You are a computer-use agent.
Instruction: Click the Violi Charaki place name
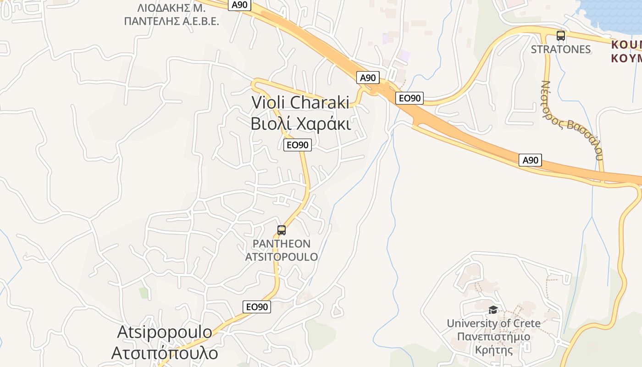tap(300, 102)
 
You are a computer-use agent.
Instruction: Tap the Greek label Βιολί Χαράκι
tap(300, 124)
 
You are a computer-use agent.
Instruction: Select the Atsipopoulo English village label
tap(165, 332)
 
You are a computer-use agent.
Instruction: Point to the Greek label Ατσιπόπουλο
tap(165, 353)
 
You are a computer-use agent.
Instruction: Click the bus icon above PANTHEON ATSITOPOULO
tap(282, 230)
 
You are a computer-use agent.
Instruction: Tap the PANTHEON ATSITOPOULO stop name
tap(282, 250)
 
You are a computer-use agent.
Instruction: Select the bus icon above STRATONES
tap(560, 36)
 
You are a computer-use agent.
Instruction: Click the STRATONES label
tap(560, 50)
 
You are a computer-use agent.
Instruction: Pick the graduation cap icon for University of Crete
tap(493, 310)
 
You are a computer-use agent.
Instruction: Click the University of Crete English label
tap(493, 323)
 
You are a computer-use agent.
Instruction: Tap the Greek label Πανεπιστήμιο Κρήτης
tap(493, 343)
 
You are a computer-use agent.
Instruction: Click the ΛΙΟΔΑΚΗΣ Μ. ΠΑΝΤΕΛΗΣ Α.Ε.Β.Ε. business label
tap(172, 15)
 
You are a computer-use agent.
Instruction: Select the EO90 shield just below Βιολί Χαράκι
tap(298, 145)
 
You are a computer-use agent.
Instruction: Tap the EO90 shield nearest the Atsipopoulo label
tap(257, 307)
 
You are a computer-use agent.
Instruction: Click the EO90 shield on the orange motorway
tap(409, 98)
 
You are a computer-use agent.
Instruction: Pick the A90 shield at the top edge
tap(239, 5)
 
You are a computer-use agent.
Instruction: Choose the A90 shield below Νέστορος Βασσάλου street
tap(530, 160)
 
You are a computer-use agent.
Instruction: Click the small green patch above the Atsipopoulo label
tap(144, 292)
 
